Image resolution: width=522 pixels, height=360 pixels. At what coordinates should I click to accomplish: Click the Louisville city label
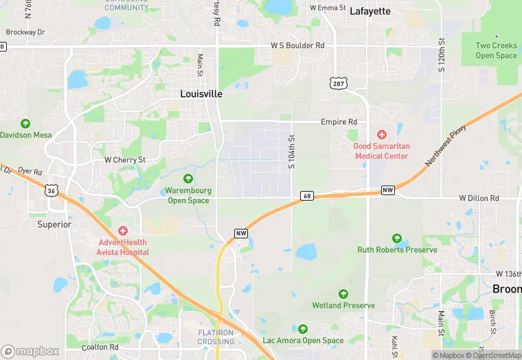click(201, 93)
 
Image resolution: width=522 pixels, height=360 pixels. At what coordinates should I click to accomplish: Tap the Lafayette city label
click(370, 11)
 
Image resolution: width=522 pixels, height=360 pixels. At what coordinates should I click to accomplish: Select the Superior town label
click(54, 224)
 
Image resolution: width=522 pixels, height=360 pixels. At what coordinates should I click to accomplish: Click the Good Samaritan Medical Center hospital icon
click(382, 135)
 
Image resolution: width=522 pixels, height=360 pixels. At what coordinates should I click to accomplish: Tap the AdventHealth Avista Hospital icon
click(123, 231)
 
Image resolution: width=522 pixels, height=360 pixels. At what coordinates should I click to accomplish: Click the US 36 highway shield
click(51, 190)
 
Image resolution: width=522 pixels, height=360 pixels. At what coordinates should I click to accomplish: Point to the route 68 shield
click(307, 196)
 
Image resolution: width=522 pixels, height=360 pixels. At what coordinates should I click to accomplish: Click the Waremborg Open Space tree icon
click(188, 179)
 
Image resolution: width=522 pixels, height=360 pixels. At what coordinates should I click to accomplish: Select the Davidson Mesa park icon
click(25, 124)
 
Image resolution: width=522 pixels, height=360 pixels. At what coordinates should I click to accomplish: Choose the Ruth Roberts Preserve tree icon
click(397, 238)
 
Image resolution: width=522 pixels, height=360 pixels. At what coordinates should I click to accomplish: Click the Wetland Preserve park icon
click(343, 294)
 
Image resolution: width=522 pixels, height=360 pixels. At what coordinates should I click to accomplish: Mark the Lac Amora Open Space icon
click(303, 329)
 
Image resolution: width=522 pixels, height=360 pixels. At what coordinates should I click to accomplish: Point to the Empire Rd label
click(339, 122)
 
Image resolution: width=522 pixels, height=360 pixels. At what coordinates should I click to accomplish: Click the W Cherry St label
click(125, 159)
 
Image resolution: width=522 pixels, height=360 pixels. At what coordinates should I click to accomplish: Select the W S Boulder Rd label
click(297, 46)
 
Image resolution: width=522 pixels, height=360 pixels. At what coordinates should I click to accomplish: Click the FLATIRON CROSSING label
click(216, 337)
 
